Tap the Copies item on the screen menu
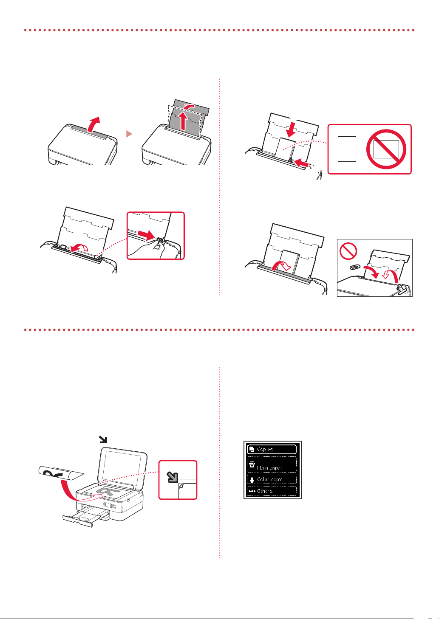pyautogui.click(x=272, y=449)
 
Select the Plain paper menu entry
pyautogui.click(x=272, y=465)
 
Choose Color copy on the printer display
pyautogui.click(x=272, y=479)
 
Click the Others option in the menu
pyautogui.click(x=272, y=491)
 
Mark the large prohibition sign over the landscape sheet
pyautogui.click(x=386, y=149)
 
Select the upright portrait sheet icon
pyautogui.click(x=346, y=149)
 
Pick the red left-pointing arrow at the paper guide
pyautogui.click(x=301, y=163)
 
